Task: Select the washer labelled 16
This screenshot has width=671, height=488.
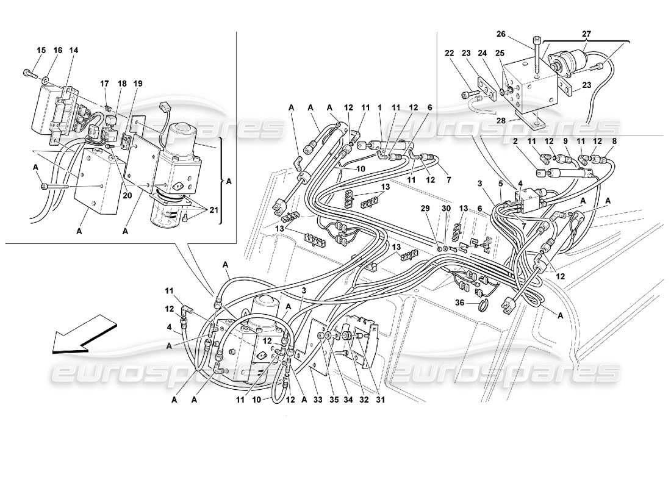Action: (x=46, y=79)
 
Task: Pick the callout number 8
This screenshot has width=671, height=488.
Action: (x=614, y=142)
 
